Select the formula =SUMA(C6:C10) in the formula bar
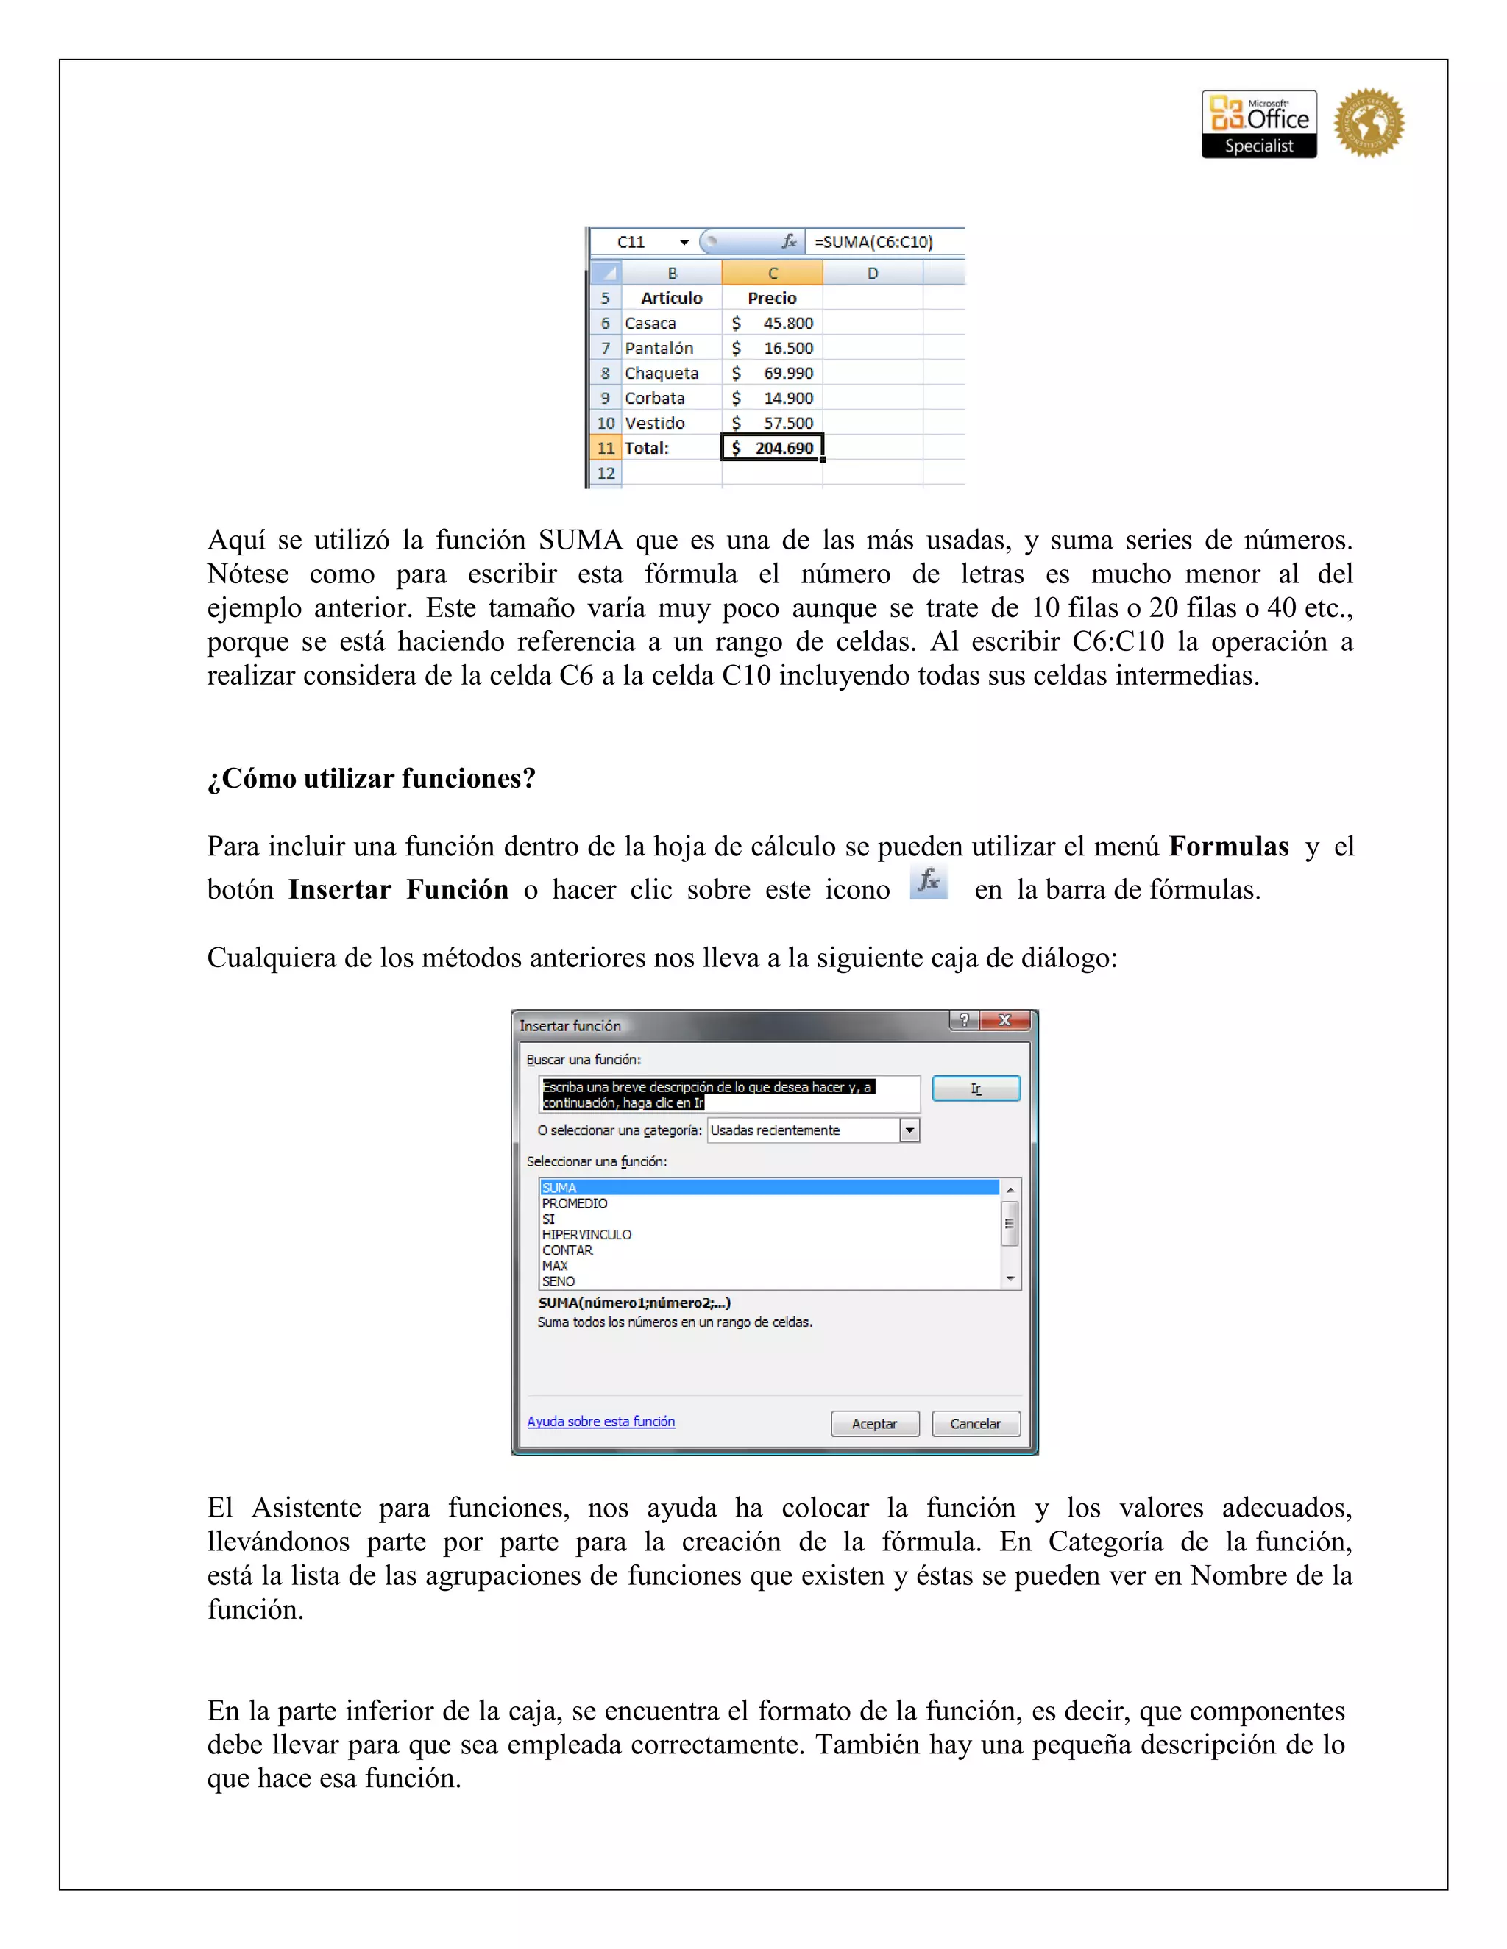[873, 242]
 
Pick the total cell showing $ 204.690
[772, 448]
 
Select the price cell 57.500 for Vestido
[772, 423]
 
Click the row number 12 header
[606, 473]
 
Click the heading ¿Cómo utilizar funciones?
[372, 778]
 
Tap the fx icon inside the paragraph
[929, 882]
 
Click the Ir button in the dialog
[976, 1088]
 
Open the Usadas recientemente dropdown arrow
[909, 1130]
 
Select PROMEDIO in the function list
[574, 1203]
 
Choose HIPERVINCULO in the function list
[586, 1234]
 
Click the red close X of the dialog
[1004, 1020]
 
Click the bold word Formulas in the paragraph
[1228, 846]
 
